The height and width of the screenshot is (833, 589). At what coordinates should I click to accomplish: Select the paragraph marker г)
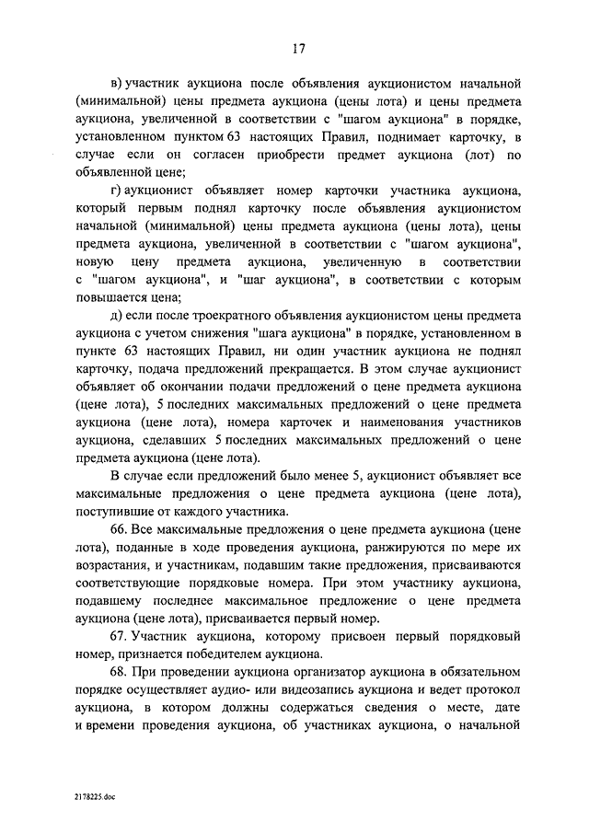(x=116, y=191)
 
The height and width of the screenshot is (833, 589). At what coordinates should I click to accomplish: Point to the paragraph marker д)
(x=117, y=318)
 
